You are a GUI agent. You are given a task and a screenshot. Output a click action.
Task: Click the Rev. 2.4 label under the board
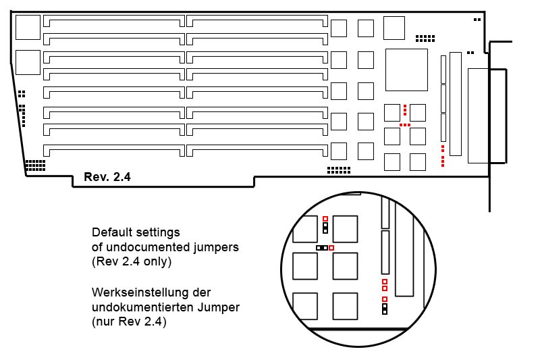click(107, 177)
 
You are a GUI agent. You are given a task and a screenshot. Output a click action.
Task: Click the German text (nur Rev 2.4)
click(128, 323)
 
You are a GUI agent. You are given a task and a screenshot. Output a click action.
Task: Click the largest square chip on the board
click(406, 70)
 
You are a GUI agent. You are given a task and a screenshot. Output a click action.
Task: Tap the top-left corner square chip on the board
click(27, 26)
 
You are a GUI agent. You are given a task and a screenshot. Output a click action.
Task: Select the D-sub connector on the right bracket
click(486, 115)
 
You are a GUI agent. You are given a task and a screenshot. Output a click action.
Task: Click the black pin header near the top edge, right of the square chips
click(425, 38)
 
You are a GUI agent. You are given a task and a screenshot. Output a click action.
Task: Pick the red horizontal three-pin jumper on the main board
click(405, 125)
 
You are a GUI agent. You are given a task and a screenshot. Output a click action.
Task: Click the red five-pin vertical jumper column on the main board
click(442, 155)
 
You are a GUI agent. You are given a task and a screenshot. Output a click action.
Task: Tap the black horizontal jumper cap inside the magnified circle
click(322, 248)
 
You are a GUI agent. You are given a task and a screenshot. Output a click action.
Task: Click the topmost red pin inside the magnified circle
click(325, 219)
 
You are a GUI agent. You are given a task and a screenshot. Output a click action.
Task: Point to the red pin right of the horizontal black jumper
click(331, 248)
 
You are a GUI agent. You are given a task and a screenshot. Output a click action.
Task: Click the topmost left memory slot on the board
click(113, 22)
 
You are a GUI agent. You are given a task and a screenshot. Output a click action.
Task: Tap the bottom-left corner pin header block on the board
click(35, 165)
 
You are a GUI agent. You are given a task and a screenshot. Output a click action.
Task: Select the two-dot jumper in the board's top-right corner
click(477, 20)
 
